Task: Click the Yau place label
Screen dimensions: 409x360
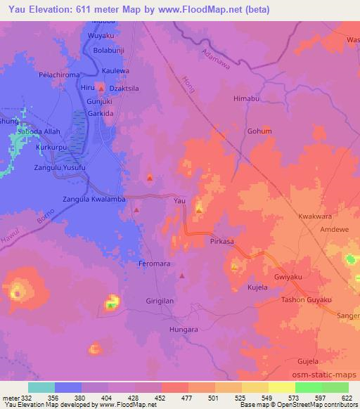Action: coord(179,202)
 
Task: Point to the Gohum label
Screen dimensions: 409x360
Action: coord(259,131)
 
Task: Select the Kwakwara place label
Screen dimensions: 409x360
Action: coord(314,216)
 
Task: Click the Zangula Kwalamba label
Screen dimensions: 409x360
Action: coord(94,200)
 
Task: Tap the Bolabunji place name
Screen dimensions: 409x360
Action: coord(113,51)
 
